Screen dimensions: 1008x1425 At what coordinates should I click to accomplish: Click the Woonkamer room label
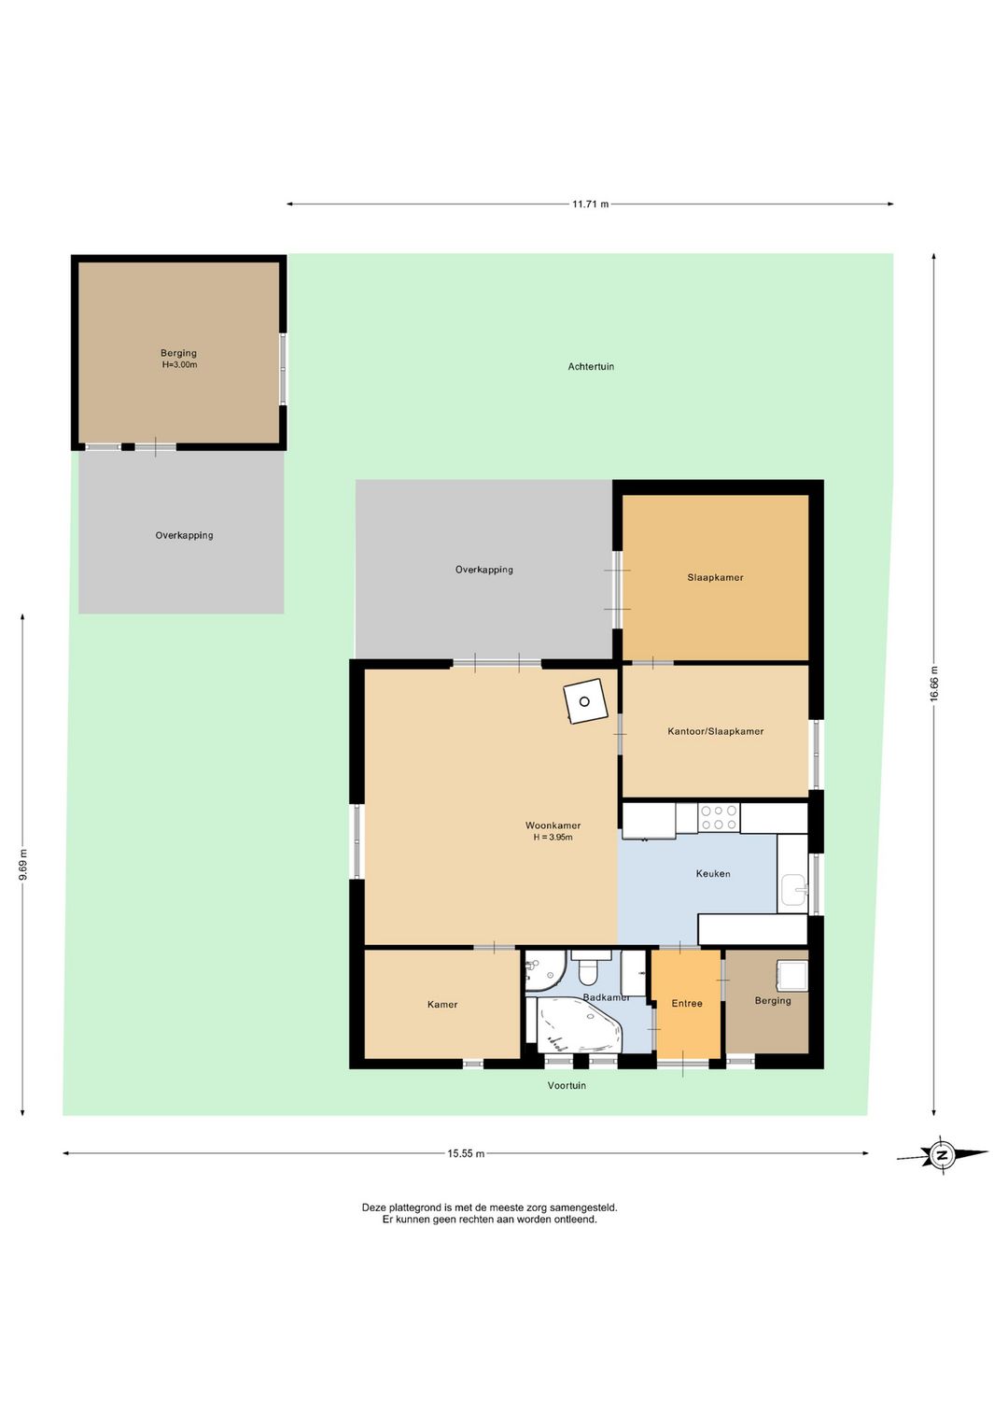tap(553, 825)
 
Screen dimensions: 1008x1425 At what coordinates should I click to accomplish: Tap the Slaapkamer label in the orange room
tap(715, 578)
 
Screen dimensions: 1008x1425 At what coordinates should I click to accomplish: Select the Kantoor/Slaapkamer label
tap(716, 731)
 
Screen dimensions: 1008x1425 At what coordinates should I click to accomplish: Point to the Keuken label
tap(713, 873)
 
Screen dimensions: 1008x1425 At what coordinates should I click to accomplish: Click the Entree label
tap(687, 1003)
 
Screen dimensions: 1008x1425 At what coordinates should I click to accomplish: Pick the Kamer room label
tap(442, 1005)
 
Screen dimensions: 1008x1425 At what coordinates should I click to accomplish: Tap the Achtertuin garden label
tap(591, 366)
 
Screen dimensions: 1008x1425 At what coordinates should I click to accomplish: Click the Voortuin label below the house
tap(567, 1085)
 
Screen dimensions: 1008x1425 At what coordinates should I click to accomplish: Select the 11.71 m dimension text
tap(590, 205)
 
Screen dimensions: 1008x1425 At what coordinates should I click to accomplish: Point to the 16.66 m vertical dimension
tap(933, 684)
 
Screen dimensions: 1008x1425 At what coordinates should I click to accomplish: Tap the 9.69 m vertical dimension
tap(23, 865)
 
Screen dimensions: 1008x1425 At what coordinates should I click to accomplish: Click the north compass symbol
tap(943, 1154)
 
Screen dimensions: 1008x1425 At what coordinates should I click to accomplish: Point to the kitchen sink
tap(793, 889)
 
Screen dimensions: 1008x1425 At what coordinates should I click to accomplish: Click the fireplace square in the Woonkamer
tap(585, 701)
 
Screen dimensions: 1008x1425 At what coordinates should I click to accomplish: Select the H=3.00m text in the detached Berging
tap(179, 365)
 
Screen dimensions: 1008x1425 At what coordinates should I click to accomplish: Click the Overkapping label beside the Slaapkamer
tap(484, 570)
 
